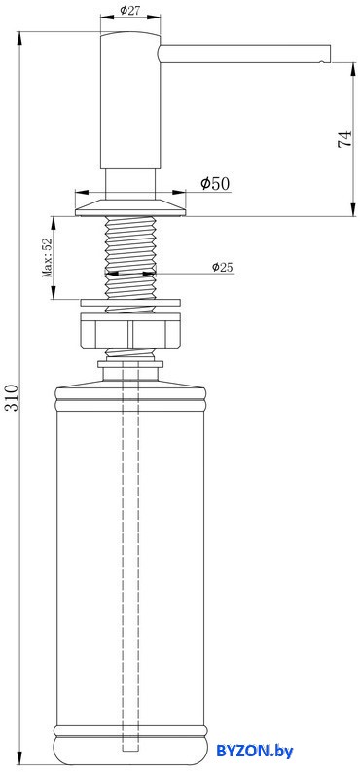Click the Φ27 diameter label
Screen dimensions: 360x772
point(129,10)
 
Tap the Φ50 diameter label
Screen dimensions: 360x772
point(215,184)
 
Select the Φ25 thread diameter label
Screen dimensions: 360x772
point(223,267)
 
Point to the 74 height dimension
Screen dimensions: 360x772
point(344,139)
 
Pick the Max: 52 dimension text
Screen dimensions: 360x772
point(47,258)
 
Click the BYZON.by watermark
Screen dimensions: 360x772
point(255,751)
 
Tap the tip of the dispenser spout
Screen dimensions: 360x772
point(330,55)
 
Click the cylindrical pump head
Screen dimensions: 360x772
point(130,101)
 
